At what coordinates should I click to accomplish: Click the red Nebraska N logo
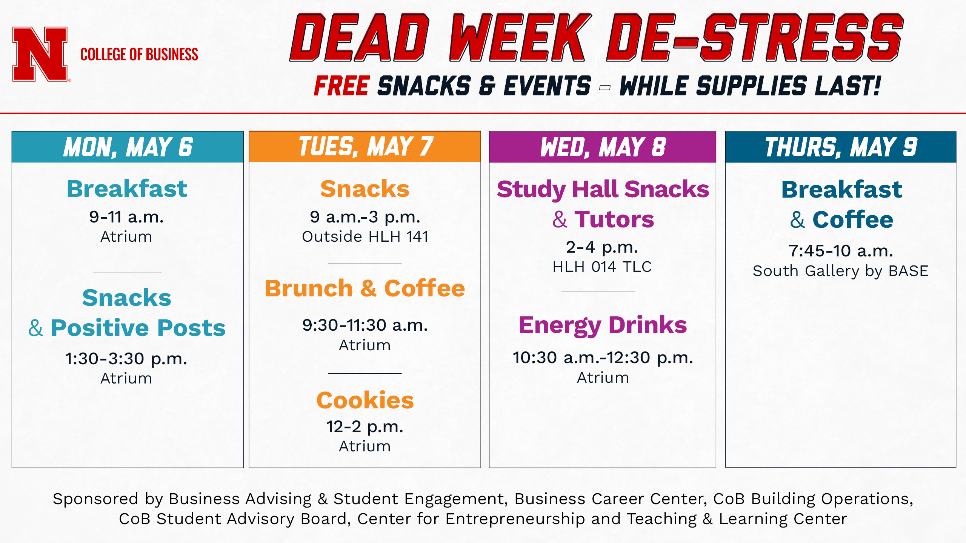(40, 54)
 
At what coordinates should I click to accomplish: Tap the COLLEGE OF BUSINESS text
(139, 55)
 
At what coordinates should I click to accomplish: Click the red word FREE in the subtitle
(342, 86)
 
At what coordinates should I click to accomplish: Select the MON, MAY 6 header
(128, 147)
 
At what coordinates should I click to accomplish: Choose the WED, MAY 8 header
(603, 147)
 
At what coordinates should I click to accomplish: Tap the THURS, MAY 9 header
(841, 147)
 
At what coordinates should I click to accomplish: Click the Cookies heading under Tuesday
(365, 400)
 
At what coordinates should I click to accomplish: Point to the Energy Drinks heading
(603, 325)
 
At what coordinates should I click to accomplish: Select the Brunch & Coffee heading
(365, 288)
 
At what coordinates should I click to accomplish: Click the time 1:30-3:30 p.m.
(126, 359)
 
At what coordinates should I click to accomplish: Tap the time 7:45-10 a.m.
(841, 251)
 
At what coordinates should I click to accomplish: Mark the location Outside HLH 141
(365, 237)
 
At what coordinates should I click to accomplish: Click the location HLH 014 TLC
(602, 267)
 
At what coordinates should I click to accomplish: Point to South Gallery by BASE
(841, 271)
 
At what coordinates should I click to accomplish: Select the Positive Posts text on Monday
(138, 328)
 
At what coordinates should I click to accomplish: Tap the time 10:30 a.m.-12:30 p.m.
(603, 358)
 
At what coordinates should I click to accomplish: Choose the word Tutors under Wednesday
(614, 219)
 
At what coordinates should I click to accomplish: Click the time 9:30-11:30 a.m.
(365, 325)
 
